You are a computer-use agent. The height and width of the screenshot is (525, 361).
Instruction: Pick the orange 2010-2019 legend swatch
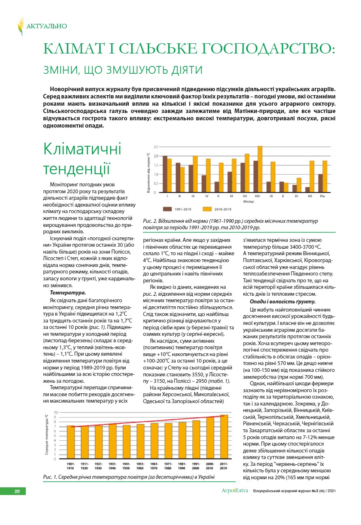[207, 209]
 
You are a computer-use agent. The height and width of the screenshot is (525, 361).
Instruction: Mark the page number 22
[17, 491]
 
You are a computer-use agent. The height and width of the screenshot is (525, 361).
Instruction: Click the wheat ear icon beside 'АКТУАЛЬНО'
[21, 26]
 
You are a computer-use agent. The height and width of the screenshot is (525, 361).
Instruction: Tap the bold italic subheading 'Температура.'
[68, 292]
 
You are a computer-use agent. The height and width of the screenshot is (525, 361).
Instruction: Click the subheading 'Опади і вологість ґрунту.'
[282, 302]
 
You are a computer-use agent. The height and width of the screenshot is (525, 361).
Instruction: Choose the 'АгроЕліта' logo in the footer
[235, 491]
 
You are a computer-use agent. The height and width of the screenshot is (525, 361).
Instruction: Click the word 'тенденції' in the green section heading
[77, 169]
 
